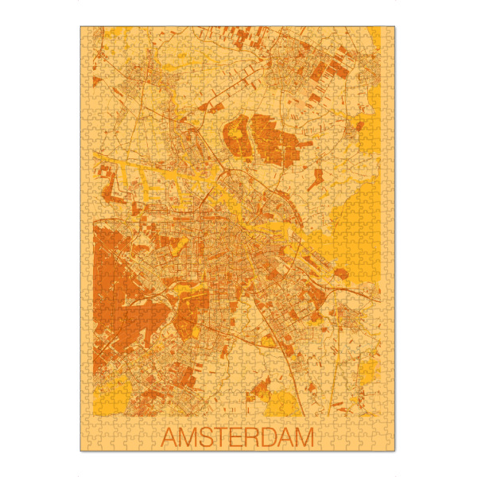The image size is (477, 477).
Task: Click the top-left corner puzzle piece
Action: [86, 32]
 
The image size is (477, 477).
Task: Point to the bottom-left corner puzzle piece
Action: [86, 445]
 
